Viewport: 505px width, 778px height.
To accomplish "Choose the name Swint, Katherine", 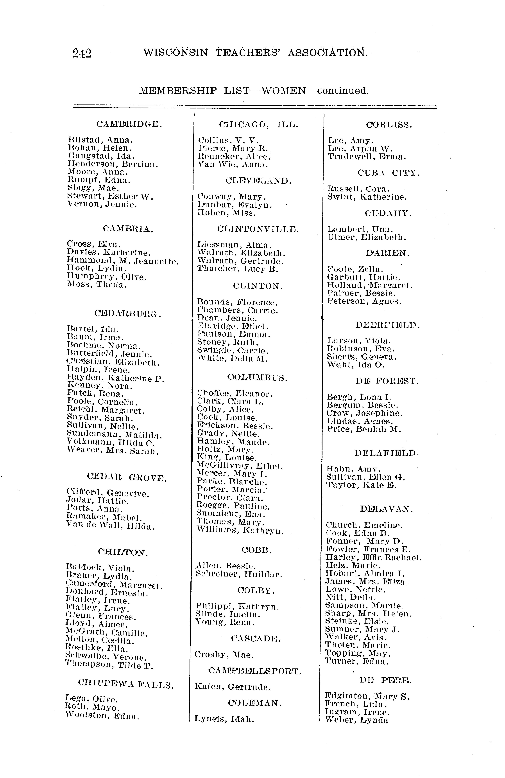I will click(367, 197).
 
